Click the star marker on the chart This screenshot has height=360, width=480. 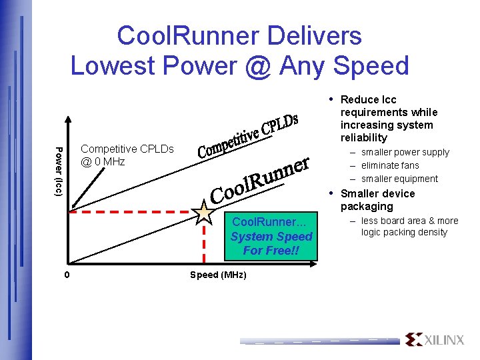pyautogui.click(x=203, y=211)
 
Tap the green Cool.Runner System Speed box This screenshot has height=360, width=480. pyautogui.click(x=271, y=237)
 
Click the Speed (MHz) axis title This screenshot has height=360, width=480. pyautogui.click(x=218, y=275)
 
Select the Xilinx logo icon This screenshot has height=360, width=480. pyautogui.click(x=413, y=339)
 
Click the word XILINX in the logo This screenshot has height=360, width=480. pyautogui.click(x=445, y=340)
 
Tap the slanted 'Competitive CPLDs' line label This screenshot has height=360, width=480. pyautogui.click(x=247, y=136)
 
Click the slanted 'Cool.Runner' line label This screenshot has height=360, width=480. pyautogui.click(x=261, y=179)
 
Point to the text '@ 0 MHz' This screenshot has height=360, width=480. pyautogui.click(x=103, y=161)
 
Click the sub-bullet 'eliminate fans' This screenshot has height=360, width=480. pyautogui.click(x=390, y=165)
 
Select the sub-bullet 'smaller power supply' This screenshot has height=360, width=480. pyautogui.click(x=405, y=152)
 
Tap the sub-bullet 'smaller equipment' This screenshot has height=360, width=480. pyautogui.click(x=399, y=179)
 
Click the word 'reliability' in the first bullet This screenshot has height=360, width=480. pyautogui.click(x=363, y=137)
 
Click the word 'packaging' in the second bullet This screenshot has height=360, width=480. pyautogui.click(x=367, y=206)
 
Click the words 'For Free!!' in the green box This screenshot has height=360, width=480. pyautogui.click(x=271, y=251)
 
